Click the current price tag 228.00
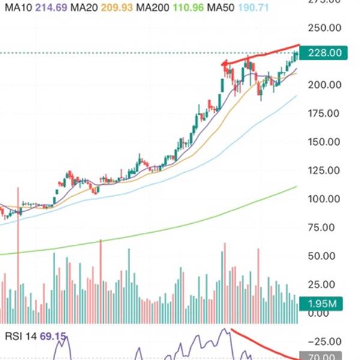[x=324, y=53]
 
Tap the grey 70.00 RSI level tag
[x=324, y=356]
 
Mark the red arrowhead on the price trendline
[x=224, y=64]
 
